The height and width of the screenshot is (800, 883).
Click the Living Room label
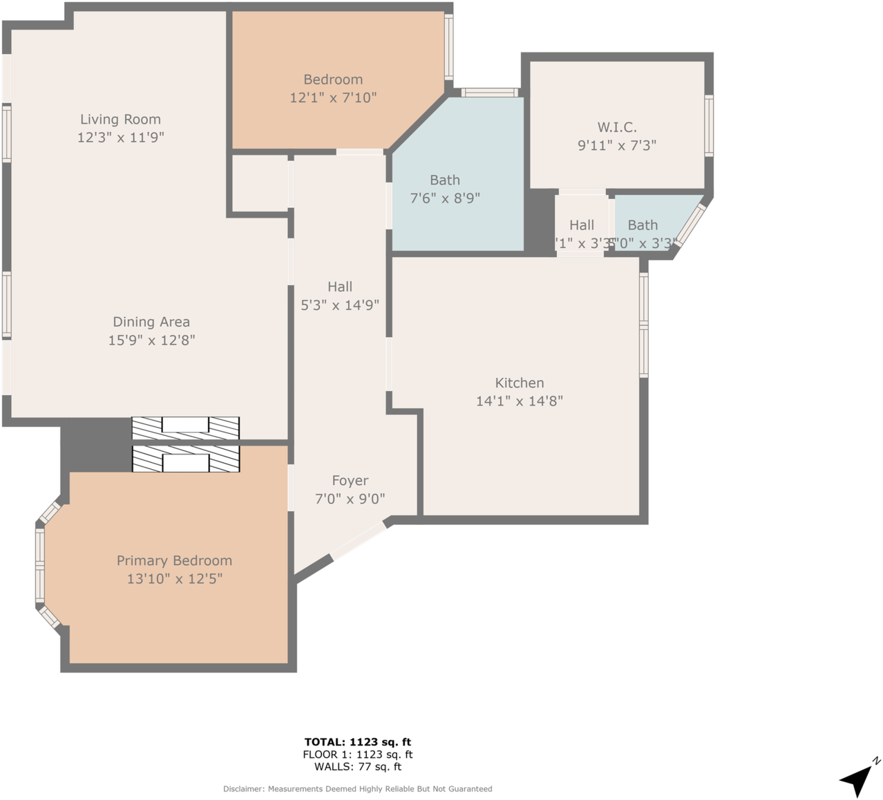[120, 120]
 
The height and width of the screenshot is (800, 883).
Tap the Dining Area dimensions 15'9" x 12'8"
[151, 340]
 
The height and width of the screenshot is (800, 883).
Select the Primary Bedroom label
[174, 560]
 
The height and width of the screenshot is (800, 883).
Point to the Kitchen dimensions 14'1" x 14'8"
[520, 401]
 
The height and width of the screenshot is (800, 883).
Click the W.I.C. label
[617, 127]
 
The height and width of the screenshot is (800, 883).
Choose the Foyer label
[350, 480]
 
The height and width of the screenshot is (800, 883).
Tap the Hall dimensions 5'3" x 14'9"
[340, 305]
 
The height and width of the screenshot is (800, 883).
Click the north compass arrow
[859, 779]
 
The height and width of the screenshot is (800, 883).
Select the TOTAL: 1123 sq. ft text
[357, 742]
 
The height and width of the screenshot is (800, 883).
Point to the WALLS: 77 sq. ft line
[357, 766]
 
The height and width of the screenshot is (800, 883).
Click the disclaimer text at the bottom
[357, 788]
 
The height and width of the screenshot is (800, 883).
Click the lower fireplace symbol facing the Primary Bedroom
[185, 459]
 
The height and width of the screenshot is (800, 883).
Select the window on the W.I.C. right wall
[709, 126]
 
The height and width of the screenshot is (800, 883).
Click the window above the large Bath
[490, 93]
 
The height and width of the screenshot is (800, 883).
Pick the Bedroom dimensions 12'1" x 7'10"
[333, 97]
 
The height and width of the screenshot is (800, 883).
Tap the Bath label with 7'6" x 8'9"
[445, 180]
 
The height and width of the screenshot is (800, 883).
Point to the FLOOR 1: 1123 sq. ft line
[357, 754]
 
